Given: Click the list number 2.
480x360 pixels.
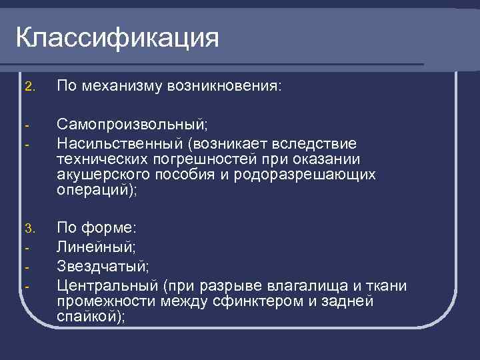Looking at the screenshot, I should (27, 87).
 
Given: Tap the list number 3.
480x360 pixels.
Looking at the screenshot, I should (27, 229).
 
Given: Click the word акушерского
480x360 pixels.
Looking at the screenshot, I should (98, 175).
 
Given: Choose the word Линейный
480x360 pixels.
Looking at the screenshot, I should (96, 247).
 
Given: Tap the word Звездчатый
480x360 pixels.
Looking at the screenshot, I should (103, 267).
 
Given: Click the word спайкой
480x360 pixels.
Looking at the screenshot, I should (89, 317).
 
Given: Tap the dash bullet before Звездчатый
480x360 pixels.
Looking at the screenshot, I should (27, 267).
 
